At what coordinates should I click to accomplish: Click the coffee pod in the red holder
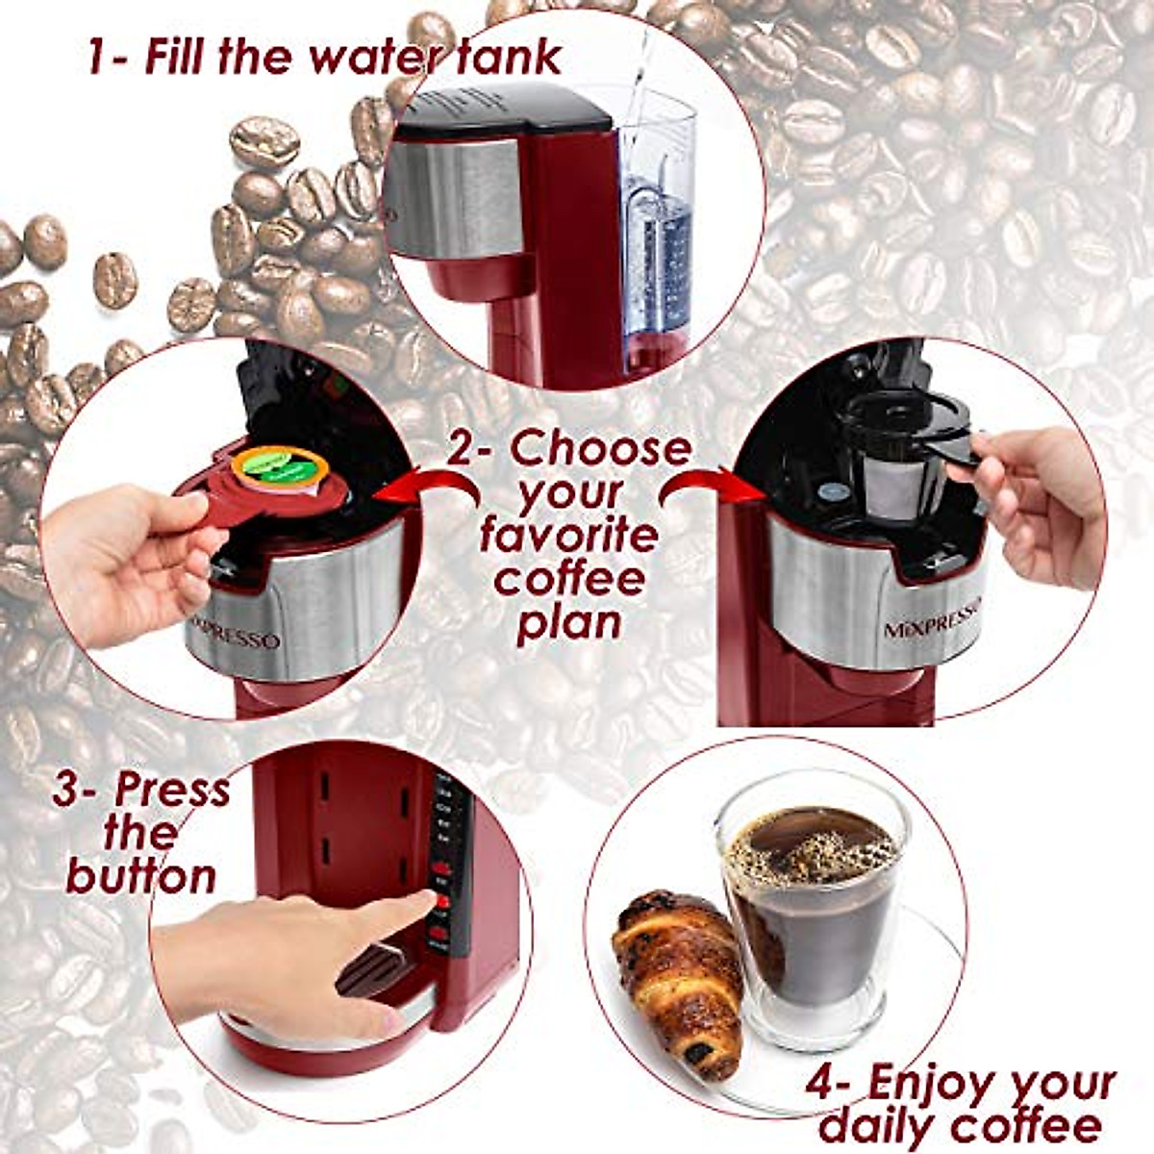pyautogui.click(x=280, y=470)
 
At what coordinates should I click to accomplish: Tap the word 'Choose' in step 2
pyautogui.click(x=601, y=449)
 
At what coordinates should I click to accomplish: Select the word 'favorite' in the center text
pyautogui.click(x=568, y=535)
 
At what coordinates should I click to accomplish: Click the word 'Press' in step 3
pyautogui.click(x=173, y=790)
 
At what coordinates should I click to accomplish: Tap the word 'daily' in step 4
pyautogui.click(x=877, y=1125)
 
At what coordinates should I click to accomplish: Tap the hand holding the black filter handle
pyautogui.click(x=1039, y=505)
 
